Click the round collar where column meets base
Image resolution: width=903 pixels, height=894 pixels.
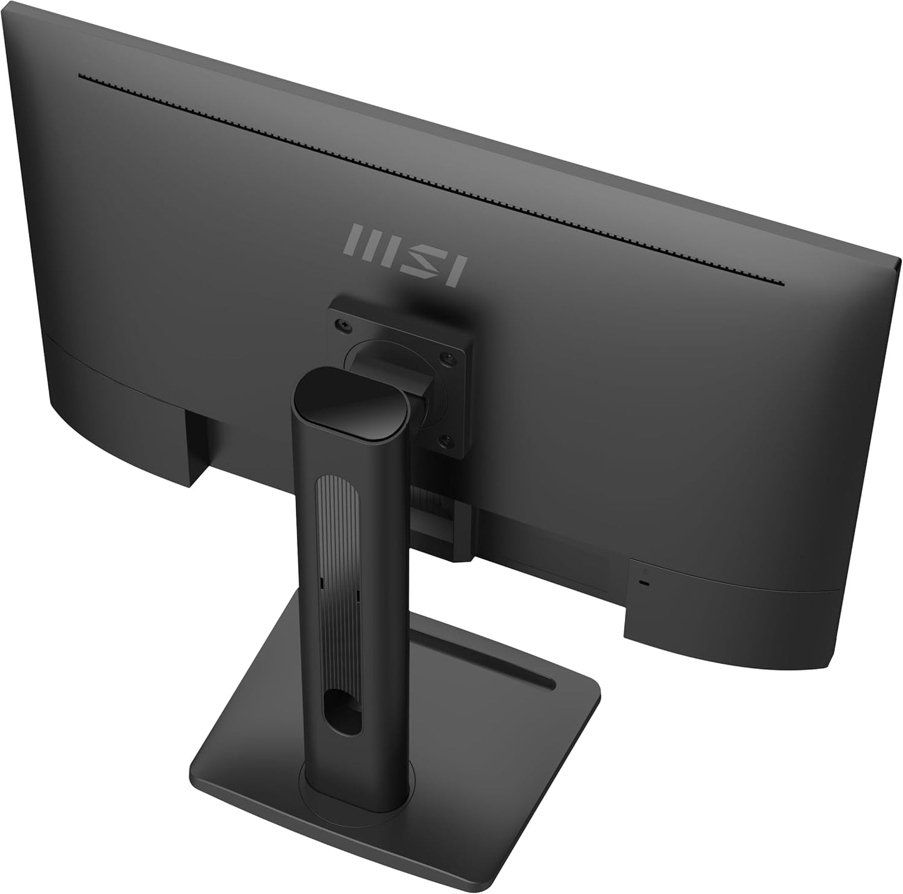coord(356,797)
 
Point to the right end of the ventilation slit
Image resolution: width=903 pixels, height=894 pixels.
coord(781,283)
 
